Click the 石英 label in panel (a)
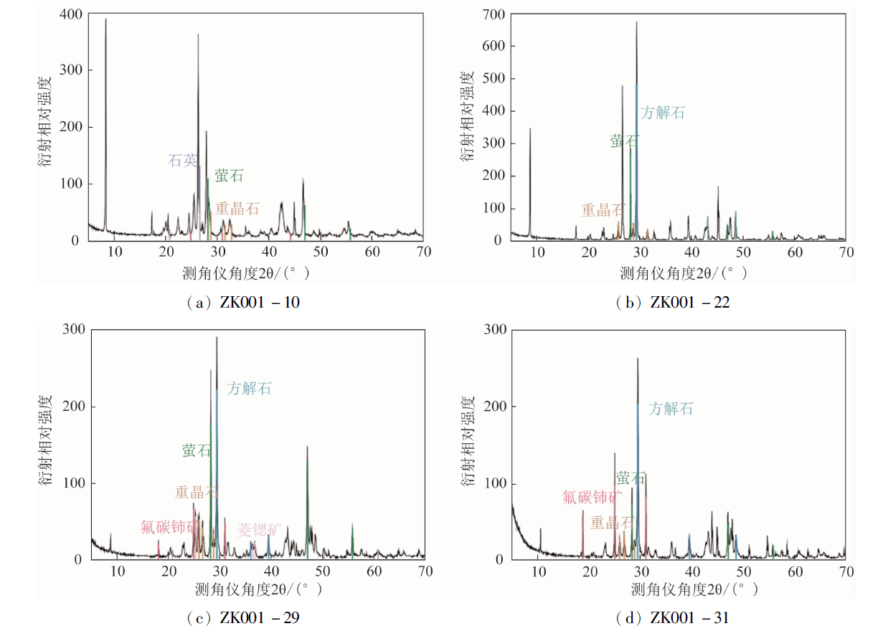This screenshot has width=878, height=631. pyautogui.click(x=182, y=161)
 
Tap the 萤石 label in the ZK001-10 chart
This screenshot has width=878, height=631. pyautogui.click(x=230, y=176)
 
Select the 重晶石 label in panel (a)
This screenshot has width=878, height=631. pyautogui.click(x=237, y=209)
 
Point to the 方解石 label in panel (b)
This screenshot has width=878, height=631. pyautogui.click(x=663, y=113)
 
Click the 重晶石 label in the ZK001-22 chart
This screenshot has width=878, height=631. pyautogui.click(x=603, y=210)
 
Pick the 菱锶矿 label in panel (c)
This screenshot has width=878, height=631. pyautogui.click(x=260, y=529)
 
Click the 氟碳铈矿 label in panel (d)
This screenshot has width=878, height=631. pyautogui.click(x=591, y=497)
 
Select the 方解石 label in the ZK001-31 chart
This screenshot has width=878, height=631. pyautogui.click(x=671, y=409)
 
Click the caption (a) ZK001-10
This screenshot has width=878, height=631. pyautogui.click(x=242, y=303)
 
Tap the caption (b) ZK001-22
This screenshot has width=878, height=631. pyautogui.click(x=673, y=303)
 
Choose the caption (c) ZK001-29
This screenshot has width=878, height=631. pyautogui.click(x=242, y=617)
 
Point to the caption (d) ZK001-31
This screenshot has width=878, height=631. pyautogui.click(x=673, y=617)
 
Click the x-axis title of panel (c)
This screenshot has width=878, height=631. pyautogui.click(x=258, y=589)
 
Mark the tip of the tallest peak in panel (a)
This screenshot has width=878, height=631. pyautogui.click(x=105, y=19)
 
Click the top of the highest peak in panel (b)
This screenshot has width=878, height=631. pyautogui.click(x=636, y=22)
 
